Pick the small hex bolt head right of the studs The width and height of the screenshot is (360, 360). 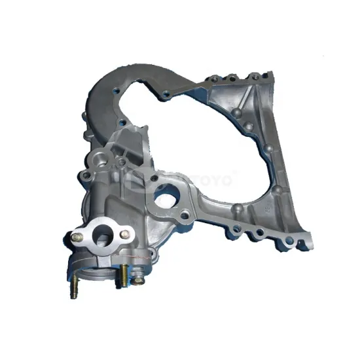click(139, 279)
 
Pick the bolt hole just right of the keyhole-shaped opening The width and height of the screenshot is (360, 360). click(187, 211)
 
